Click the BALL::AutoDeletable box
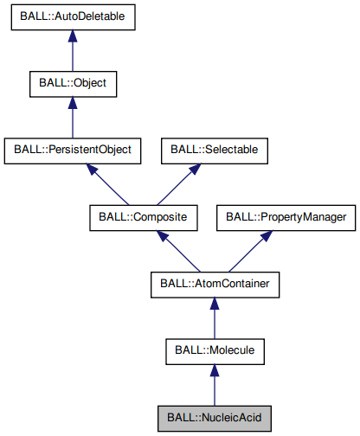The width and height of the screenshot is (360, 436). (74, 19)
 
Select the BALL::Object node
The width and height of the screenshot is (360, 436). (73, 85)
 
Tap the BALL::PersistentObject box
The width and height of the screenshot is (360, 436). (73, 151)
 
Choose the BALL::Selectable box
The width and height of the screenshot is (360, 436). (214, 151)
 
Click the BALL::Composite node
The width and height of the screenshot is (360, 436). (144, 217)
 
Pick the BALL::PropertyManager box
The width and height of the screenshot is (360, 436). (286, 217)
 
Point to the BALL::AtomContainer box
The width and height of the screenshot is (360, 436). (214, 284)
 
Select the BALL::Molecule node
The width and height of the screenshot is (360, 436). (214, 350)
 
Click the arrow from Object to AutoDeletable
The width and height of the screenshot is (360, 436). (73, 52)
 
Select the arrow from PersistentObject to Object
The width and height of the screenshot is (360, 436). (73, 118)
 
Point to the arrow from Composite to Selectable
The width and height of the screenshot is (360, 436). (179, 183)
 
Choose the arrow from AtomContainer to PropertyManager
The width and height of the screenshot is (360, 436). (249, 251)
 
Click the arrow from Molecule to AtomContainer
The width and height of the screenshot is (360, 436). (214, 317)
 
